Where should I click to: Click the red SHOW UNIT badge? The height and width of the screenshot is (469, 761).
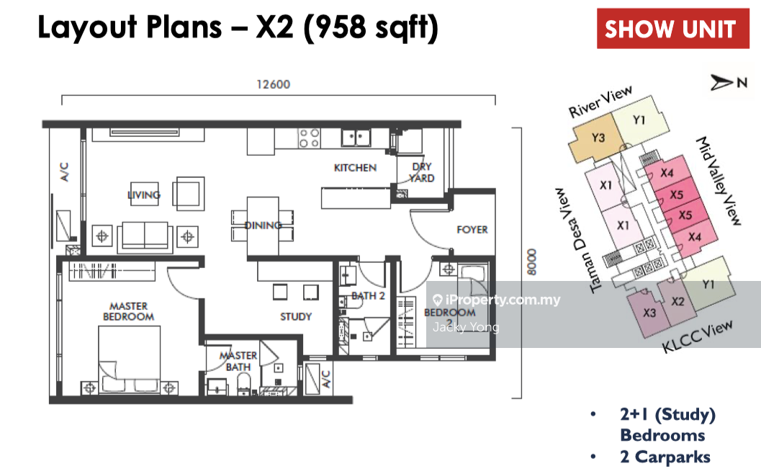tap(672, 28)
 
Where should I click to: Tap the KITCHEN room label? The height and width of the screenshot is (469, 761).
tap(355, 167)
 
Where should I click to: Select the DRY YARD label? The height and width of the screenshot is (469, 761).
tap(421, 172)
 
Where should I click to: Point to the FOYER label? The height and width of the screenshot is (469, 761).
tap(472, 230)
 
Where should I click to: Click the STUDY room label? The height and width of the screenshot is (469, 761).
tap(296, 316)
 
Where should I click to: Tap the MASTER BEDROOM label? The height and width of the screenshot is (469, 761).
tap(129, 311)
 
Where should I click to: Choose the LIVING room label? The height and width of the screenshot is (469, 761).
tap(144, 195)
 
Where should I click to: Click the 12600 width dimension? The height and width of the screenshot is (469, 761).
tap(274, 84)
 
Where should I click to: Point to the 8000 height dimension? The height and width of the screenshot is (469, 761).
tap(532, 262)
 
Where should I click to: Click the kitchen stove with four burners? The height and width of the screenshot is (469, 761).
tap(309, 138)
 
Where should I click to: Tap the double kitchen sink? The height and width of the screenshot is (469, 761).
tap(356, 138)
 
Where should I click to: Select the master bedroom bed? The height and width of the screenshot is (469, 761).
tap(129, 359)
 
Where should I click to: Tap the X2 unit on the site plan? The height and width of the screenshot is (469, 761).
tap(677, 302)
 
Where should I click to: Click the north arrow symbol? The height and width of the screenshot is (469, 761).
tap(721, 83)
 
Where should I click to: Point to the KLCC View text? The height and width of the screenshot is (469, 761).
tap(698, 337)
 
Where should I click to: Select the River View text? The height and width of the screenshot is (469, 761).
tap(600, 102)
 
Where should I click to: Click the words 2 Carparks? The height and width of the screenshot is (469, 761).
tap(665, 457)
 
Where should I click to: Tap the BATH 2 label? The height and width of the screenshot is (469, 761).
tap(368, 295)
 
